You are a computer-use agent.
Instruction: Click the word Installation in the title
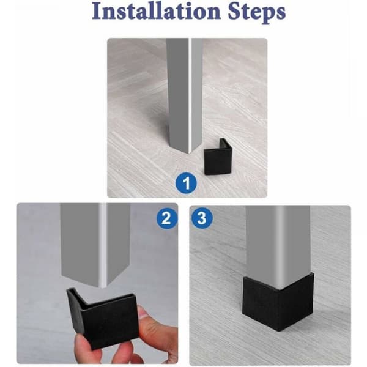(x=157, y=11)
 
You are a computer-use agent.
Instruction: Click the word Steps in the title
(x=257, y=12)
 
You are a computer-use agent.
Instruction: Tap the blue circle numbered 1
(x=187, y=183)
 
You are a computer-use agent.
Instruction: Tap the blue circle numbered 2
(x=167, y=218)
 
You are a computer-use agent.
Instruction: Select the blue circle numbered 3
(x=202, y=218)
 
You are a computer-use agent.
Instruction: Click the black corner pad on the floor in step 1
(x=218, y=157)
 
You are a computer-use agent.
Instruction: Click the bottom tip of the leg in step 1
(x=190, y=154)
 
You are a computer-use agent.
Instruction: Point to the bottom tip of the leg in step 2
(x=103, y=287)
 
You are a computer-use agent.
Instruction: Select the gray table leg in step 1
(x=184, y=94)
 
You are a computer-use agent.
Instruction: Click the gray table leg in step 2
(x=95, y=243)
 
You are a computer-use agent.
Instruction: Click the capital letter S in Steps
(x=234, y=11)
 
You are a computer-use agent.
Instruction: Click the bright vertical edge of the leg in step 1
(x=190, y=94)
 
